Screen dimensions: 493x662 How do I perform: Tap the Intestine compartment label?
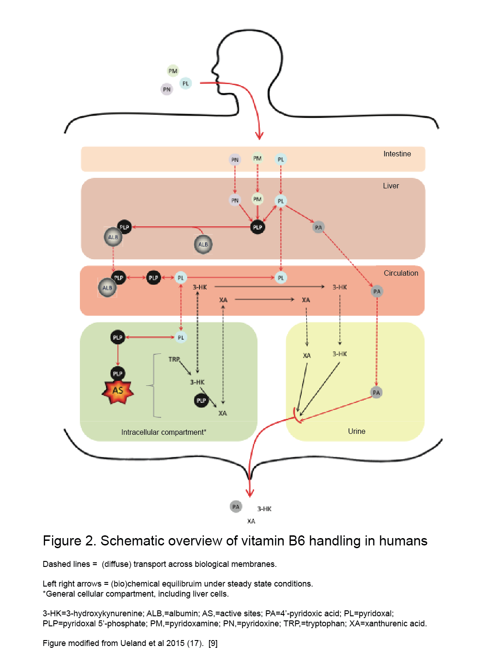[397, 154]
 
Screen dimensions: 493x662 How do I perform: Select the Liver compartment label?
[391, 186]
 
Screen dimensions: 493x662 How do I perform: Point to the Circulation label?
[400, 273]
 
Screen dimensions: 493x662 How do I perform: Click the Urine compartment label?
[356, 431]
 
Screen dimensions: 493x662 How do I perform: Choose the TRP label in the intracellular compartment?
[174, 359]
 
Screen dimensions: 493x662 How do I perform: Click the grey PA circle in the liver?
[318, 227]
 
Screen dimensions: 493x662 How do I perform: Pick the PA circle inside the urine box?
[376, 392]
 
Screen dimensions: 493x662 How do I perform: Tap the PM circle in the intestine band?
[257, 158]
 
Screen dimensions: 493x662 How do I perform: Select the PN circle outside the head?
[167, 89]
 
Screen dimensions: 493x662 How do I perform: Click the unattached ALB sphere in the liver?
[203, 244]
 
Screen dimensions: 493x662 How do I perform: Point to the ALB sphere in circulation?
[107, 288]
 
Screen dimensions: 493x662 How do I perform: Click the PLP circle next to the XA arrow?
[201, 400]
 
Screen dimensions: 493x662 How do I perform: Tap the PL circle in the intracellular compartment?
[181, 337]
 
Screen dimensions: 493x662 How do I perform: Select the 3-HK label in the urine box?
[340, 354]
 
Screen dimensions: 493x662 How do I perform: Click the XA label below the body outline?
[251, 521]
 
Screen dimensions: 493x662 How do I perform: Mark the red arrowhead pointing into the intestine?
[259, 135]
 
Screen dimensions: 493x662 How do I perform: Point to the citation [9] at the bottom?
[213, 643]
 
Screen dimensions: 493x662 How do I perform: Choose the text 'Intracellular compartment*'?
[163, 432]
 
